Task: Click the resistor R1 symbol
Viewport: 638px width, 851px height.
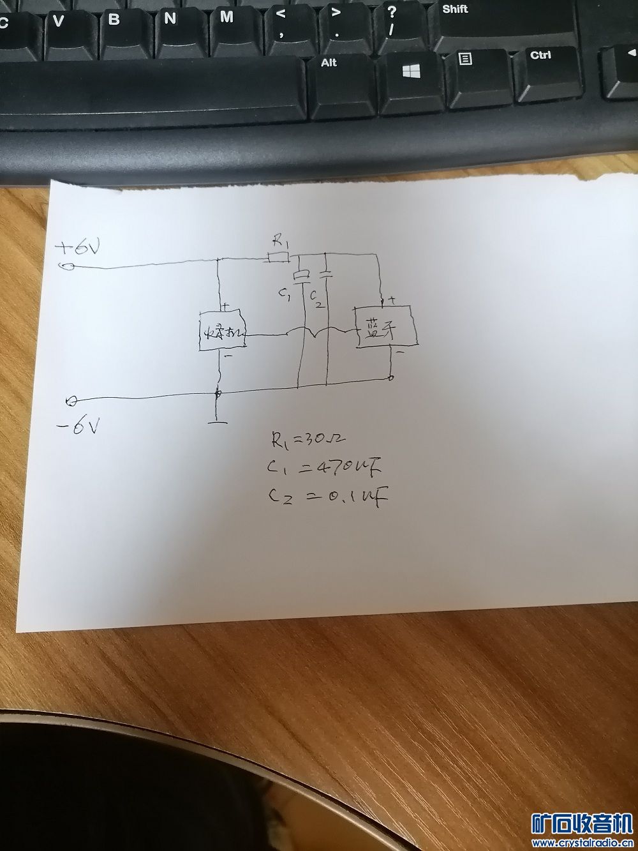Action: click(278, 257)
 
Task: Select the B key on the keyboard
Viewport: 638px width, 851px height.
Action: click(114, 20)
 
